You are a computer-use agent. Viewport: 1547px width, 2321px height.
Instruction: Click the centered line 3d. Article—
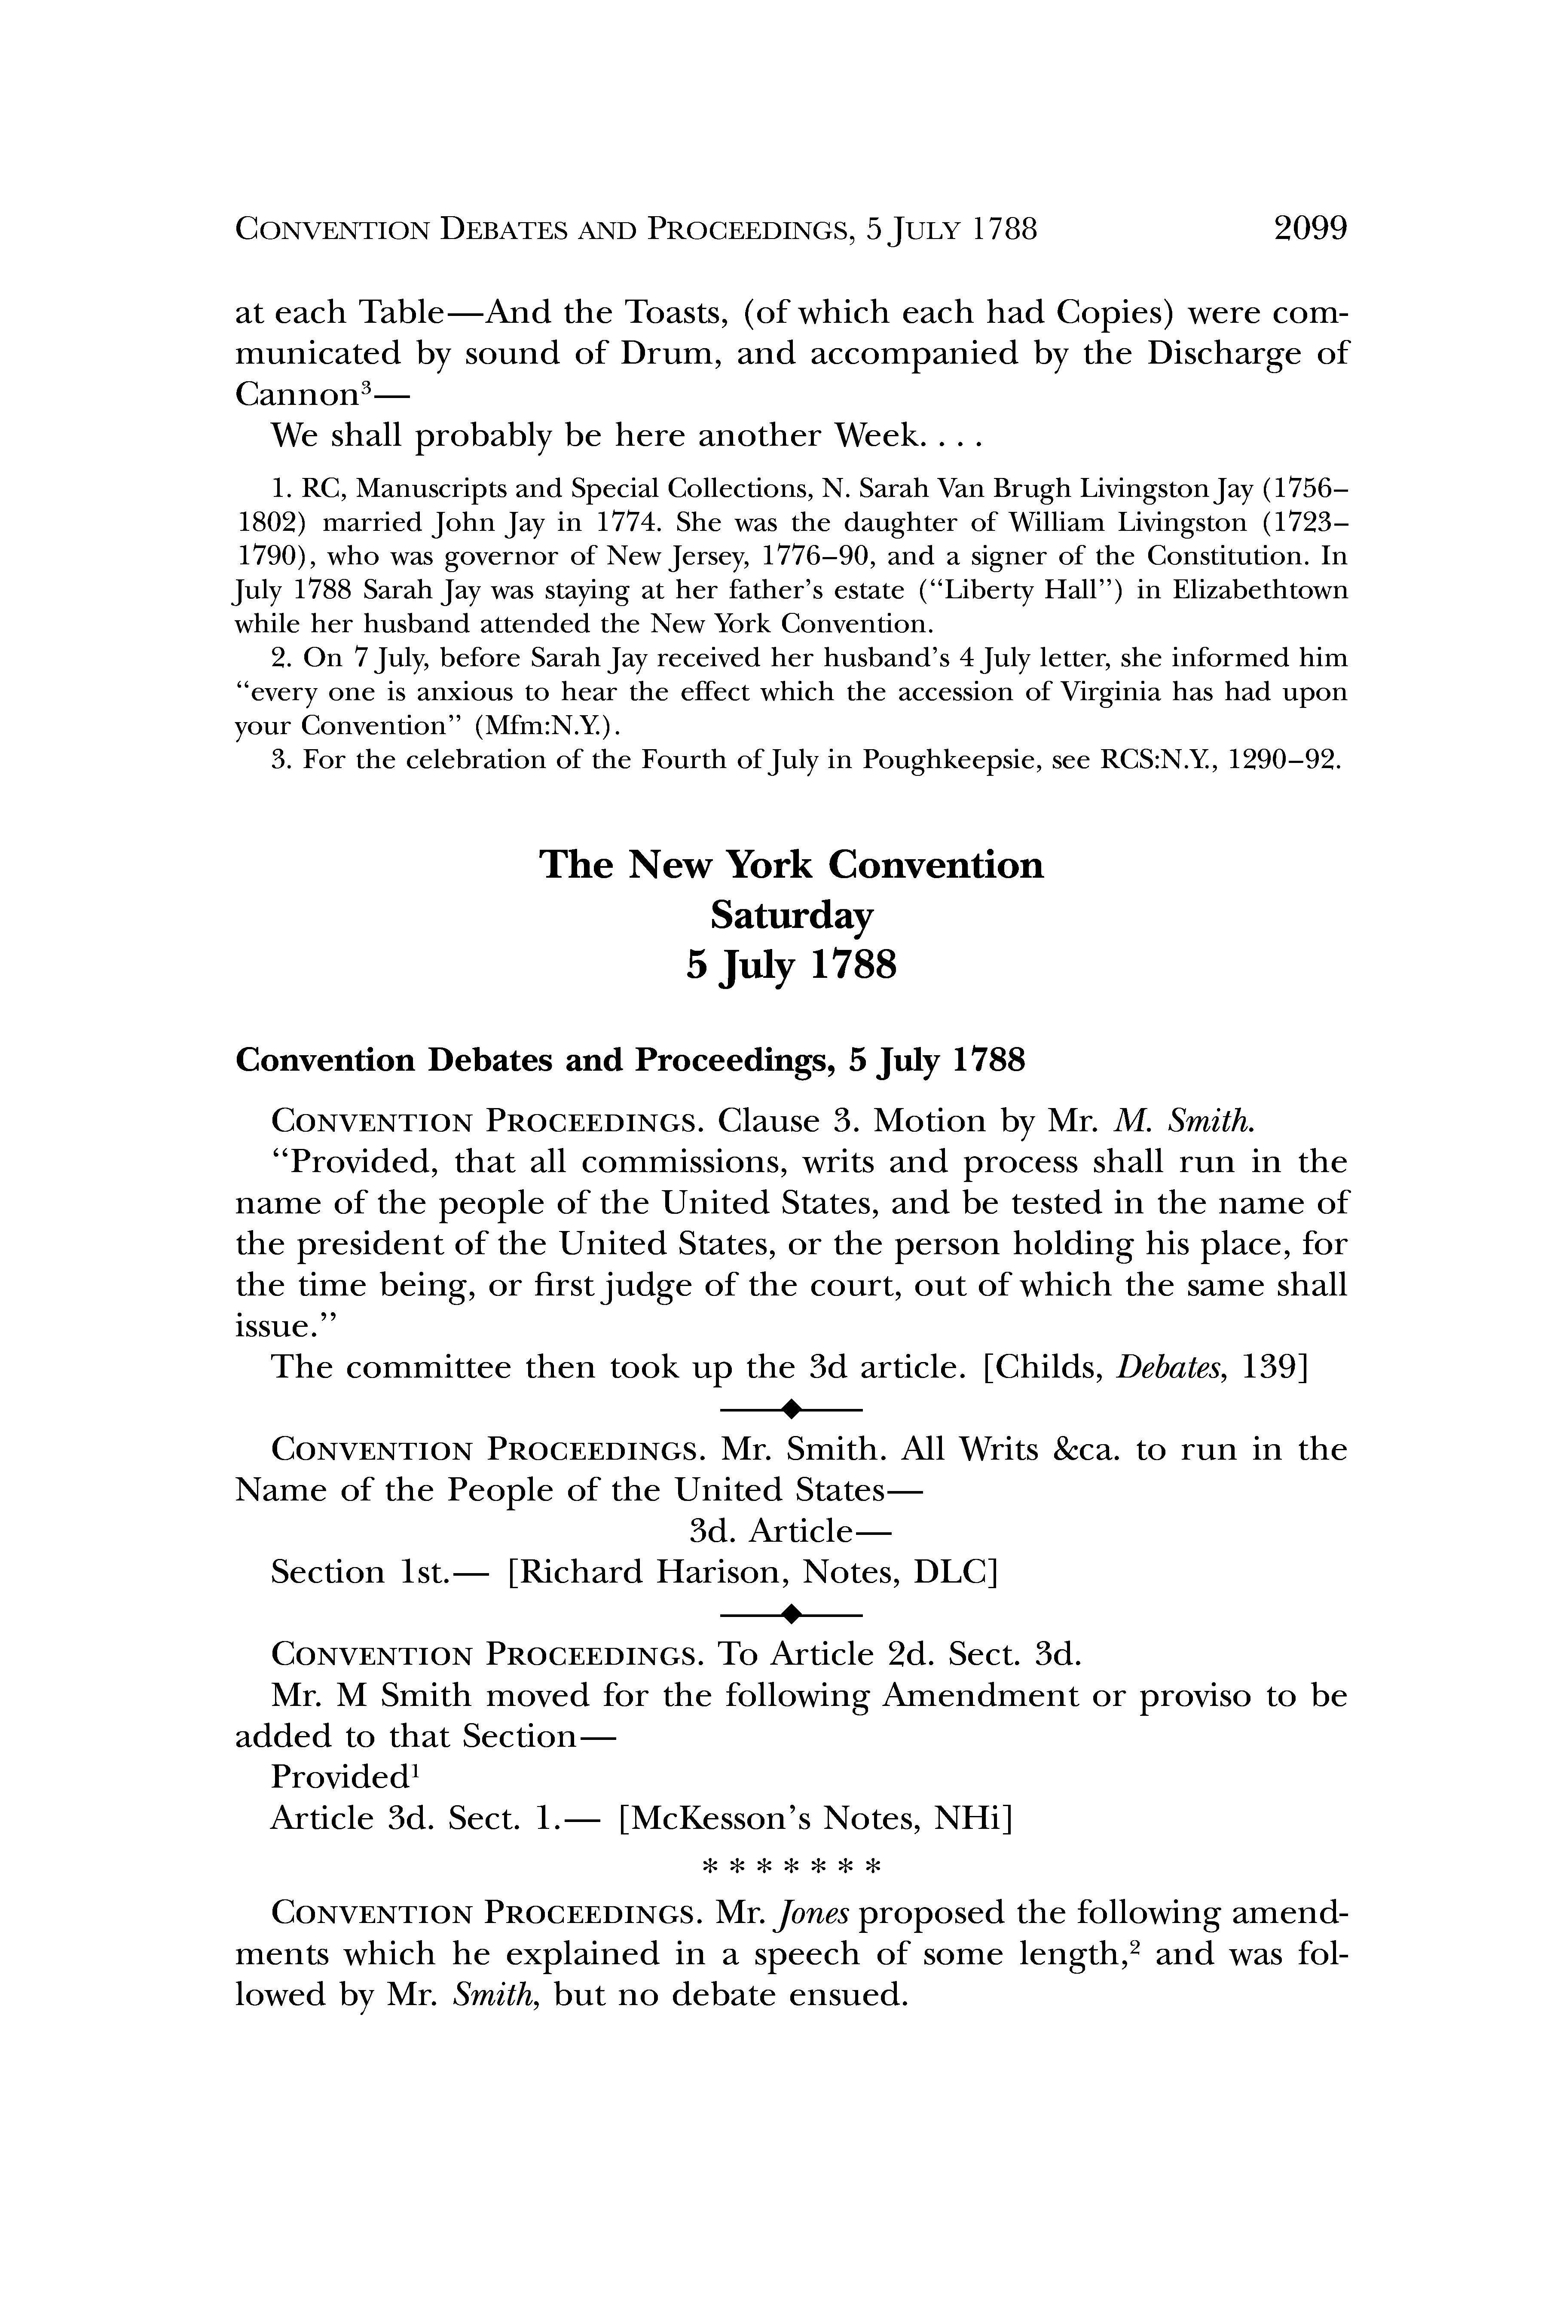pyautogui.click(x=789, y=1531)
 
